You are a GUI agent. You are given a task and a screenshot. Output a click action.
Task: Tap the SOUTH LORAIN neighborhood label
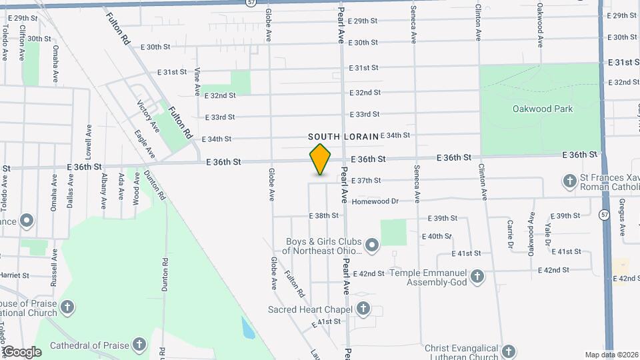[x=343, y=136]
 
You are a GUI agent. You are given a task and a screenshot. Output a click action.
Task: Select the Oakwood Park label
[x=539, y=109]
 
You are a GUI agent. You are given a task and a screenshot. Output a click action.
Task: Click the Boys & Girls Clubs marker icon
[x=372, y=247]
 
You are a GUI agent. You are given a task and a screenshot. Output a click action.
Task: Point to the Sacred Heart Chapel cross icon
[x=363, y=308]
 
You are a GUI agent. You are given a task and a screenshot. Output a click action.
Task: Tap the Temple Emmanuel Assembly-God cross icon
[x=477, y=275]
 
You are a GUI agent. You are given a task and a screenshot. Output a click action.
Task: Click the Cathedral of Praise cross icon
[x=139, y=345]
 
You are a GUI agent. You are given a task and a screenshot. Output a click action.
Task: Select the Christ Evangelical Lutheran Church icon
[x=509, y=351]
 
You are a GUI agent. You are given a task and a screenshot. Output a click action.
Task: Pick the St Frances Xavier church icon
[x=570, y=181]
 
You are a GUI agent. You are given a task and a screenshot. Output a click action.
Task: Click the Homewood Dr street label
[x=375, y=201]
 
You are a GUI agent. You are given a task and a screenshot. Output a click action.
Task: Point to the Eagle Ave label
[x=144, y=143]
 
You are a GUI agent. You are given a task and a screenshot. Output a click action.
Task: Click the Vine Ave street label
[x=197, y=81]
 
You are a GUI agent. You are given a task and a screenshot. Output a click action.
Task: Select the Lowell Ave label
[x=88, y=139]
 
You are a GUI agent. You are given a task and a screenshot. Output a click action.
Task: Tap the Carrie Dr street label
[x=510, y=234]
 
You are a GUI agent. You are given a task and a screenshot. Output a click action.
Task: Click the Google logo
[x=21, y=352]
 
